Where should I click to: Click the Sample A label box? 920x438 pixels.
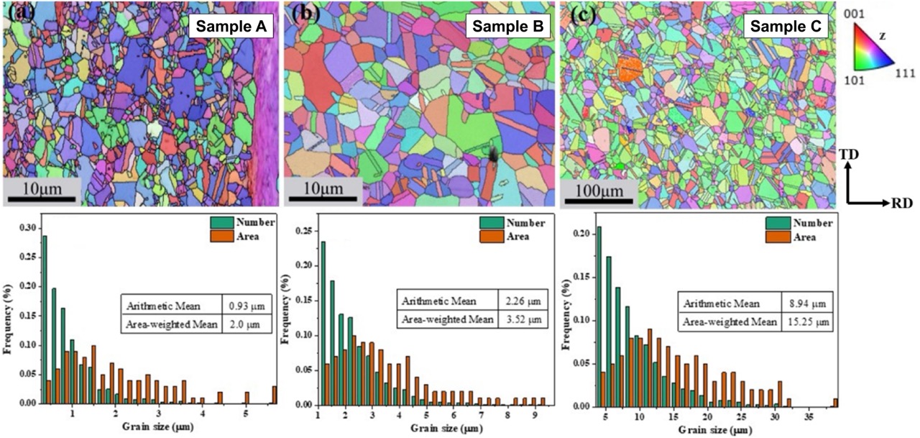point(228,27)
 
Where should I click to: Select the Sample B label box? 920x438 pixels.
point(508,27)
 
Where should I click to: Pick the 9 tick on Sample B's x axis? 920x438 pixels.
point(534,415)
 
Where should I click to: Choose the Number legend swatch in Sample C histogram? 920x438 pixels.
point(778,222)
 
